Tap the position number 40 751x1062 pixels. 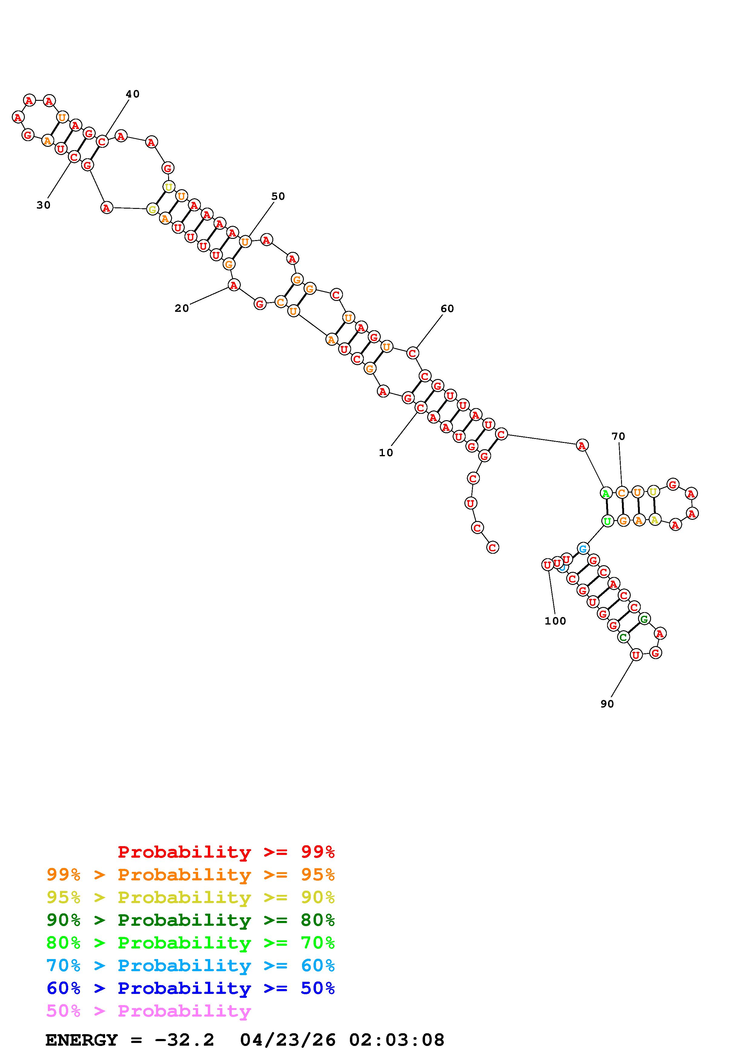coord(132,94)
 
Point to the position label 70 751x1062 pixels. coord(618,436)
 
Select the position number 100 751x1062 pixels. coord(555,621)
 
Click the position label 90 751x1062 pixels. coord(607,704)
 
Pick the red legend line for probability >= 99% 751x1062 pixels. coord(226,852)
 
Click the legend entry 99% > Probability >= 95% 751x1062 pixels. coord(191,875)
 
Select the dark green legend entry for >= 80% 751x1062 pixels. coord(191,920)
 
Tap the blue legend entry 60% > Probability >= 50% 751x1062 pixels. coord(191,988)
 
